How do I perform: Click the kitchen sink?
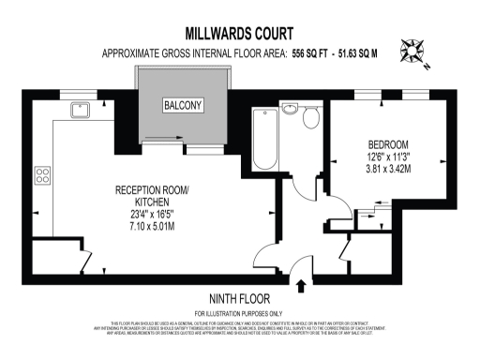pos(81,107)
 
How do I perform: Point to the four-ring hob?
pos(43,173)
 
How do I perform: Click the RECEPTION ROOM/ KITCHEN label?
pos(151,197)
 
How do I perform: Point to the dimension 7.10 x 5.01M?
pos(151,226)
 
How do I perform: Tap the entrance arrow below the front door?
pos(302,283)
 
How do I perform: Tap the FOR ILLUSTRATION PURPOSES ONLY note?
pos(239,312)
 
